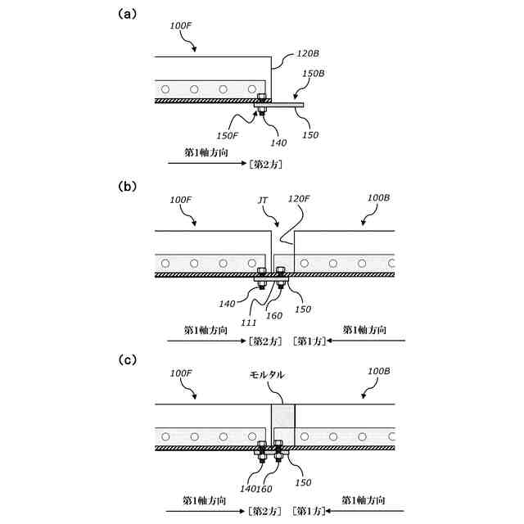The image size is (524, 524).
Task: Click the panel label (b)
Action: click(127, 186)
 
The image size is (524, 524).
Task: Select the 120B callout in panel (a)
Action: click(308, 53)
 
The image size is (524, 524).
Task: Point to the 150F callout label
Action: click(228, 135)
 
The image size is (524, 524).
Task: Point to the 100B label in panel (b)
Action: click(379, 198)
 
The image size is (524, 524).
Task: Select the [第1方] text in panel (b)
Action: click(308, 341)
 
